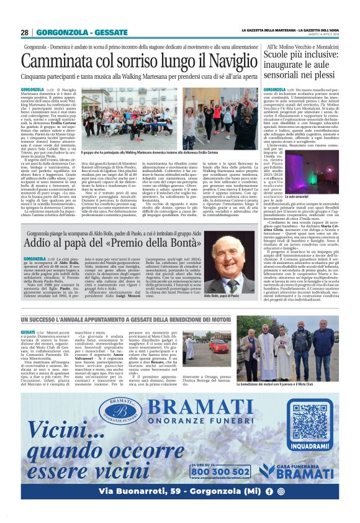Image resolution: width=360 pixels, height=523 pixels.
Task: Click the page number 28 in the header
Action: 24,32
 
